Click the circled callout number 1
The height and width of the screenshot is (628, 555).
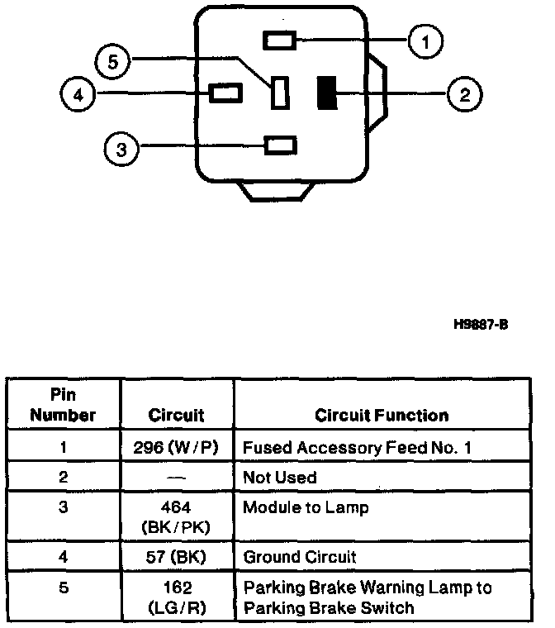point(425,40)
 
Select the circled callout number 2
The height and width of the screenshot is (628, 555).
point(465,93)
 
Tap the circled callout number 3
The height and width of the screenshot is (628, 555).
point(121,149)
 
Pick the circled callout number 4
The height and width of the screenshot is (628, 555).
point(77,93)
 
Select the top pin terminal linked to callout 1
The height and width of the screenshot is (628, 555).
point(278,40)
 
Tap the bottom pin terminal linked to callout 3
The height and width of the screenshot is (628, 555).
point(280,146)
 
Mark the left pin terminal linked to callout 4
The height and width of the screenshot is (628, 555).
point(225,92)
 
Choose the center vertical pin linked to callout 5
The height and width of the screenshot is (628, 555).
point(280,92)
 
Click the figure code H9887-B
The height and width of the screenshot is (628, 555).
point(481,324)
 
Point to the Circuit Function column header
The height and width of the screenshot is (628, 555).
point(382,415)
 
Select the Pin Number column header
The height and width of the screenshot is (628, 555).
point(64,406)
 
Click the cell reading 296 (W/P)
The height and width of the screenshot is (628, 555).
point(175,449)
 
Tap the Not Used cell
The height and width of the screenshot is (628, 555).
point(279,478)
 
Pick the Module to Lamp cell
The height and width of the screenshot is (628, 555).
point(305,507)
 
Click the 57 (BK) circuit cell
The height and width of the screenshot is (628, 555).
point(175,557)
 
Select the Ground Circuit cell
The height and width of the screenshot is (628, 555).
point(300,557)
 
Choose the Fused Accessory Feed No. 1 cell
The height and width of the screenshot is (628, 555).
point(357,449)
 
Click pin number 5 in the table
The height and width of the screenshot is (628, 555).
point(64,588)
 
